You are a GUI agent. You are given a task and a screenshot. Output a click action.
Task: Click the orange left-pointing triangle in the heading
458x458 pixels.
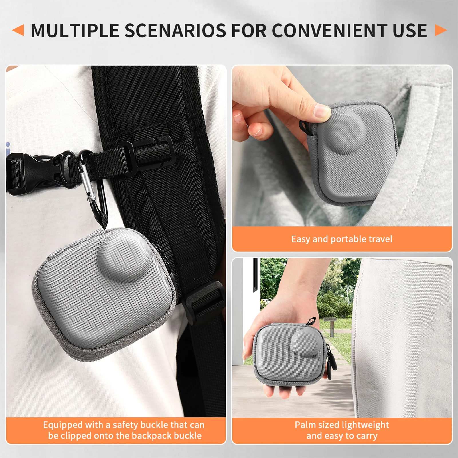coord(18,30)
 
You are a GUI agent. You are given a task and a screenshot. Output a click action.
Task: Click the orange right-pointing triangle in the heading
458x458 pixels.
coord(441,30)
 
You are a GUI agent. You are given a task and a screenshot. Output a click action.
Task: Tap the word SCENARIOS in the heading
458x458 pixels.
coord(175,31)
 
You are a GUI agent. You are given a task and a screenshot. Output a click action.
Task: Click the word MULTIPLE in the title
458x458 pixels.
coord(75,31)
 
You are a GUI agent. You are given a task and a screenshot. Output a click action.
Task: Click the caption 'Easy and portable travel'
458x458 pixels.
coord(342,239)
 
